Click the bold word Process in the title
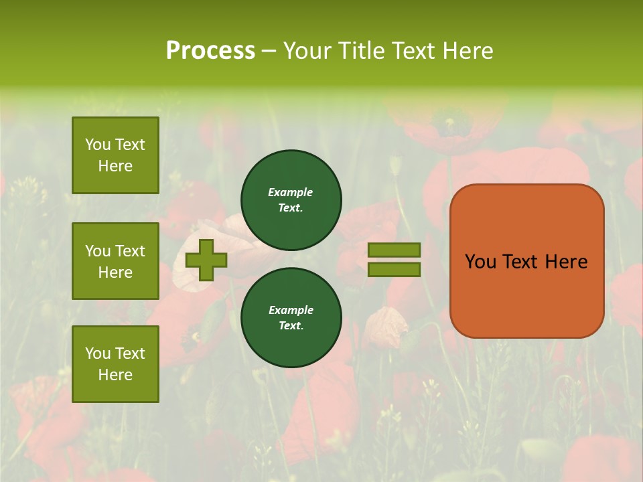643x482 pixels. tap(210, 51)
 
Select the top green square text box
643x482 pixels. tap(115, 155)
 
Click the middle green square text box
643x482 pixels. tap(115, 261)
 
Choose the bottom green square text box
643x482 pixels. tap(115, 364)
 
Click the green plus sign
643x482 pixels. tap(206, 260)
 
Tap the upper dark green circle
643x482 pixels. tap(291, 200)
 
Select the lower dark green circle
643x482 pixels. tap(291, 318)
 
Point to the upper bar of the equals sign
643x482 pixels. tap(395, 250)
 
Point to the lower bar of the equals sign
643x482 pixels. tap(395, 269)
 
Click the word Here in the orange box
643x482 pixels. tap(566, 262)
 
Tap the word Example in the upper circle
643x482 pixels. tap(291, 192)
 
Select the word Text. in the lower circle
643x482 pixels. tap(291, 326)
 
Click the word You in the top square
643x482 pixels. tap(98, 145)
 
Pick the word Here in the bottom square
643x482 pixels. tap(115, 375)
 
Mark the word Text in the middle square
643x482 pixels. tap(130, 251)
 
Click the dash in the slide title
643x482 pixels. tap(269, 51)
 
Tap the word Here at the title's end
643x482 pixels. tap(469, 51)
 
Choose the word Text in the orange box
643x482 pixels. tap(521, 262)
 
